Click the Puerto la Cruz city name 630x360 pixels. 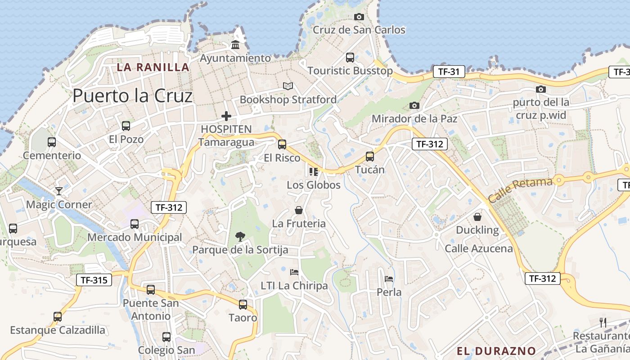(x=132, y=96)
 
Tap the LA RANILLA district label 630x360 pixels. (x=153, y=67)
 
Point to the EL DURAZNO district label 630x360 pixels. (x=496, y=351)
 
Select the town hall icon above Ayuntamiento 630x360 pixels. (x=235, y=45)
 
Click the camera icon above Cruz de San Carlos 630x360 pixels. (x=359, y=17)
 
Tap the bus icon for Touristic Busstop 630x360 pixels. (x=350, y=58)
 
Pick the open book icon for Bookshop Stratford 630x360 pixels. (x=288, y=86)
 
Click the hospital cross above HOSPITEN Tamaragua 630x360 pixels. (x=226, y=116)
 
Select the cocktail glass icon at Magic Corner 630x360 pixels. (x=58, y=191)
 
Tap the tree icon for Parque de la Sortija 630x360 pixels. (x=240, y=236)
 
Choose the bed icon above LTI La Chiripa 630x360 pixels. (x=294, y=272)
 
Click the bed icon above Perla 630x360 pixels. (x=389, y=279)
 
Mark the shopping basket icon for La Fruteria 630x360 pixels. (x=299, y=210)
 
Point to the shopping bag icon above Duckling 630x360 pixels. (x=477, y=217)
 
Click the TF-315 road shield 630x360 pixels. (x=94, y=280)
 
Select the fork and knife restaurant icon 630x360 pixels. (x=603, y=322)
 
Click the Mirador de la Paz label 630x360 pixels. (x=414, y=119)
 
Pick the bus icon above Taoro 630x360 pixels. (x=243, y=305)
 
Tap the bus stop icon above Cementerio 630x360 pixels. (x=52, y=142)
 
